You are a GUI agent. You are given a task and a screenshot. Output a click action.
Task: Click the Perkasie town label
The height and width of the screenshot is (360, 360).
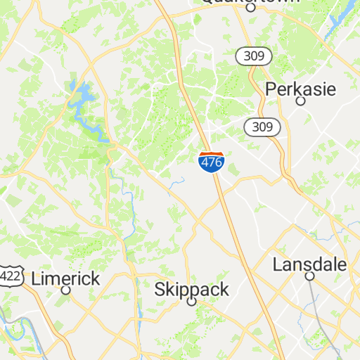point(301,89)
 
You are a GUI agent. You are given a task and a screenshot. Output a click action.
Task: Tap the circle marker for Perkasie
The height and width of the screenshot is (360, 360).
point(300,101)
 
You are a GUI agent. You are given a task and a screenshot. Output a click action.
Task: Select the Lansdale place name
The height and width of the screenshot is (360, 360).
point(309,265)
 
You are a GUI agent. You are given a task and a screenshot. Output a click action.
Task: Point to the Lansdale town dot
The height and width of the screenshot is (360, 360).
point(309,277)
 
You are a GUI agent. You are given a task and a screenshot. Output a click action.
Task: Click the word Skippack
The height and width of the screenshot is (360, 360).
point(191,289)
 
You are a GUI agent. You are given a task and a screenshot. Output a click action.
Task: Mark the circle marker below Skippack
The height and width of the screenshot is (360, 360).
point(191,302)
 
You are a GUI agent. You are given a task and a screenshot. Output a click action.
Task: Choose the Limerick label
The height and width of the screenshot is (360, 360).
point(66,278)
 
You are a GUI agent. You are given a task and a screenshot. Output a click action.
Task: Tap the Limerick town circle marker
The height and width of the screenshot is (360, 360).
point(66,290)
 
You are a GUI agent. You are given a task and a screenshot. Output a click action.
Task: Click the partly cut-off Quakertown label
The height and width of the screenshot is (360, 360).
point(250,2)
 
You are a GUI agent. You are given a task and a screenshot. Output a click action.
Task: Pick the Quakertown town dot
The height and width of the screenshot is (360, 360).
point(250,8)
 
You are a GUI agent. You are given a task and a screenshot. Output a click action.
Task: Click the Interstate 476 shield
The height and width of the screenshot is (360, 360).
point(212,162)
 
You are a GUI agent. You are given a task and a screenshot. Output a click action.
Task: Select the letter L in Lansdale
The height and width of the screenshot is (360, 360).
point(277,265)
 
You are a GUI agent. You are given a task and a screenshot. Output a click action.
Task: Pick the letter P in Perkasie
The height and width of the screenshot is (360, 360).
point(271,89)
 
